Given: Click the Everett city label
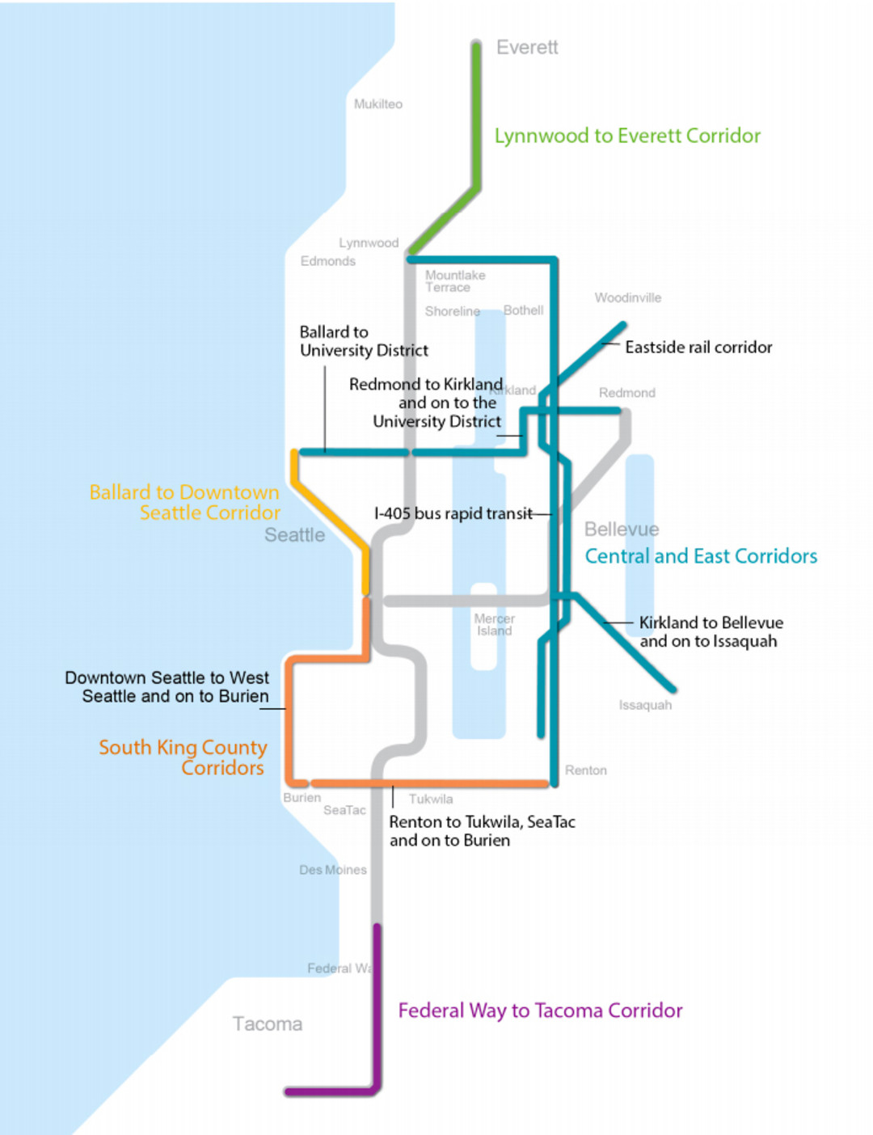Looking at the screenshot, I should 527,48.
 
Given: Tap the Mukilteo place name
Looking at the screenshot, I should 377,104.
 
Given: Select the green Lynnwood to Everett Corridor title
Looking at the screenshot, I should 627,136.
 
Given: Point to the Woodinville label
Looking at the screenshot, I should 627,298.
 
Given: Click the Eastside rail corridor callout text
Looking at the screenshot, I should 698,348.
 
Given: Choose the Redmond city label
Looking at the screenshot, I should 626,393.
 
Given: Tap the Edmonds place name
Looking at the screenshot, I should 327,261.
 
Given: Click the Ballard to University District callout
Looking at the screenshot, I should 363,341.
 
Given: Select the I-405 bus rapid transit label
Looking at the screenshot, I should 453,513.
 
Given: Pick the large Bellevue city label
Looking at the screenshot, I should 622,530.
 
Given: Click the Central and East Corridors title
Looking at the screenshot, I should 701,556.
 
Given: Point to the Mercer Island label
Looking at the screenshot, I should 494,625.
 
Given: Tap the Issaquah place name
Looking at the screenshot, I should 645,705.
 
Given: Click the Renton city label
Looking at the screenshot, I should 585,770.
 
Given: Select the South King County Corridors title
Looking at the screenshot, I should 183,757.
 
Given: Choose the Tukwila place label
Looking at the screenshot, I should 430,799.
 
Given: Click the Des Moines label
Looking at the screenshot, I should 332,870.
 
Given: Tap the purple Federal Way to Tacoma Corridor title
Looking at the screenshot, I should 540,1011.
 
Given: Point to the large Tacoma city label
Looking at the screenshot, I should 268,1024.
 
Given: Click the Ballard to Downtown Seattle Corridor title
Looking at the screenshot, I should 185,502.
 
